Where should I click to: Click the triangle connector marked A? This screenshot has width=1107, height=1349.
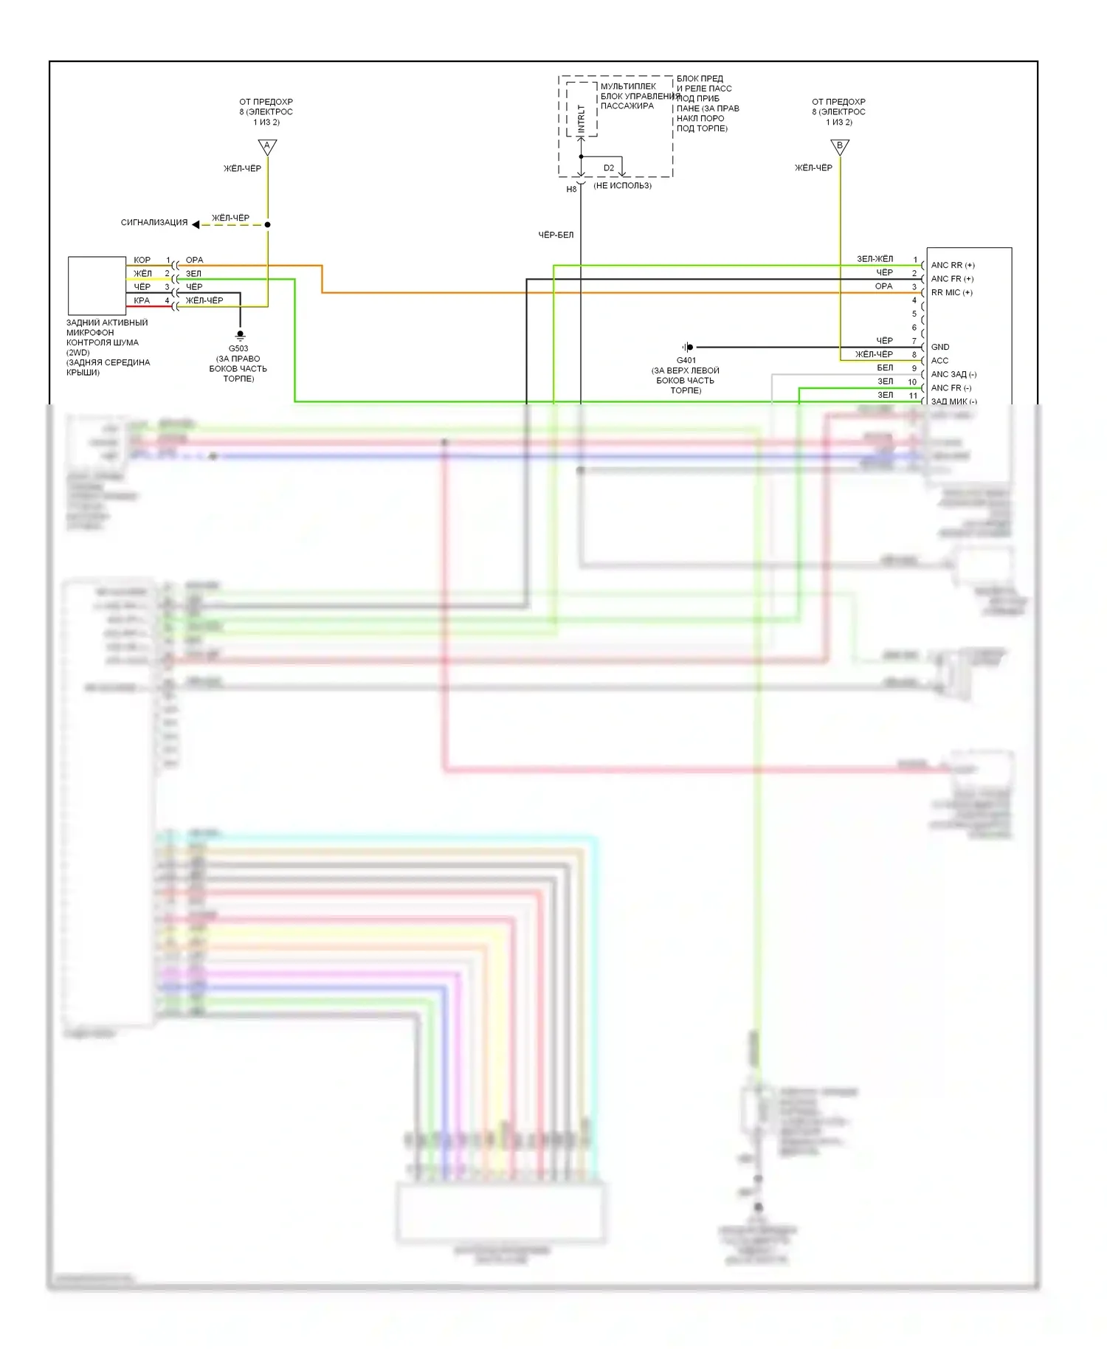[x=267, y=147]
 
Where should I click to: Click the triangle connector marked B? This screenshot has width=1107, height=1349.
[x=840, y=147]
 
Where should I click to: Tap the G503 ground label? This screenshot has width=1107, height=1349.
[x=238, y=348]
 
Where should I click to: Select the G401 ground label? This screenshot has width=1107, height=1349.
[x=686, y=360]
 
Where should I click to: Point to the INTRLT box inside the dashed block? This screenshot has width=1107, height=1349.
[x=582, y=110]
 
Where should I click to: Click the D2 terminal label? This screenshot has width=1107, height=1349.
[x=609, y=168]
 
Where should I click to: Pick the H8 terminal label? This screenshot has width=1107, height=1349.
[x=571, y=190]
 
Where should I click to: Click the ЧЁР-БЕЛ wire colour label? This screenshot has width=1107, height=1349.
[x=556, y=235]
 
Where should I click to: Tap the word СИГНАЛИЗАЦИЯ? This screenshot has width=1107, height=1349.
[x=154, y=222]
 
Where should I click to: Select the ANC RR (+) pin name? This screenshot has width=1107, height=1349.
[x=952, y=265]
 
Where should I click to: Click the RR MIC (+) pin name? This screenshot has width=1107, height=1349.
[x=951, y=292]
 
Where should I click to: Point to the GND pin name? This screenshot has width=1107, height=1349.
[x=940, y=347]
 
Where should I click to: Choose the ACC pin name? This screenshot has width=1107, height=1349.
[x=939, y=360]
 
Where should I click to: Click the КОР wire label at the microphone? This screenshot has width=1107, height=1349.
[x=142, y=260]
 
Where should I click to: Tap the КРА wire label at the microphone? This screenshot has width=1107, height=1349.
[x=142, y=300]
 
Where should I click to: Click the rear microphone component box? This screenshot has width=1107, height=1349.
[x=97, y=286]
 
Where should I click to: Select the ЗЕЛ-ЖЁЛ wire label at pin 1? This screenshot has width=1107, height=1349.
[x=875, y=259]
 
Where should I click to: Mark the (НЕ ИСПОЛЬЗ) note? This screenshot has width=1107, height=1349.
[x=622, y=185]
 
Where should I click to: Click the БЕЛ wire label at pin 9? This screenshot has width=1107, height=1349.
[x=885, y=368]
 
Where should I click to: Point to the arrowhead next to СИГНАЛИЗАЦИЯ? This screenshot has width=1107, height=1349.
[x=196, y=224]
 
